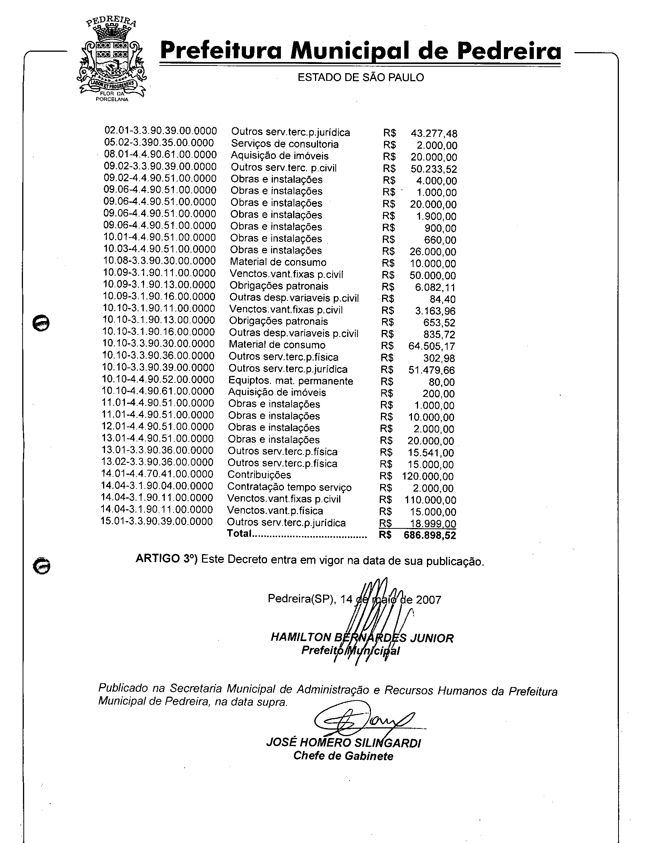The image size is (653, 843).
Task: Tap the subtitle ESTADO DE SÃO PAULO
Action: click(361, 77)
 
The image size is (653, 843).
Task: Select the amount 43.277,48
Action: click(434, 134)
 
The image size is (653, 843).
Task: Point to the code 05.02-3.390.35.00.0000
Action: click(159, 143)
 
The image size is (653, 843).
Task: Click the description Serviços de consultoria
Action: click(285, 144)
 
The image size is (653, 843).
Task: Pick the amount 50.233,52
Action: click(433, 169)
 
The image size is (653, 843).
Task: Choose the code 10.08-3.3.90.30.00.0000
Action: click(159, 261)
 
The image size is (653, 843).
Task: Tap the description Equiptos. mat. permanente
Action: click(290, 381)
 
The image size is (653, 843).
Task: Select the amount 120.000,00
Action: click(428, 477)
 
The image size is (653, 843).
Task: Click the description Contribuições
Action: click(259, 475)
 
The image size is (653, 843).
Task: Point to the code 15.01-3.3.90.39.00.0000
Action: click(157, 522)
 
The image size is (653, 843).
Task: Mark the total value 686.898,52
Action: click(430, 536)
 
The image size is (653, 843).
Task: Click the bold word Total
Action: click(239, 533)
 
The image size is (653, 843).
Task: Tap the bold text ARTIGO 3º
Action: click(166, 559)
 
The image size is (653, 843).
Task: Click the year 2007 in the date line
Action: click(428, 600)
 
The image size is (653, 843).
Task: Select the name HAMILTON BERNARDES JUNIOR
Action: click(362, 638)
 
